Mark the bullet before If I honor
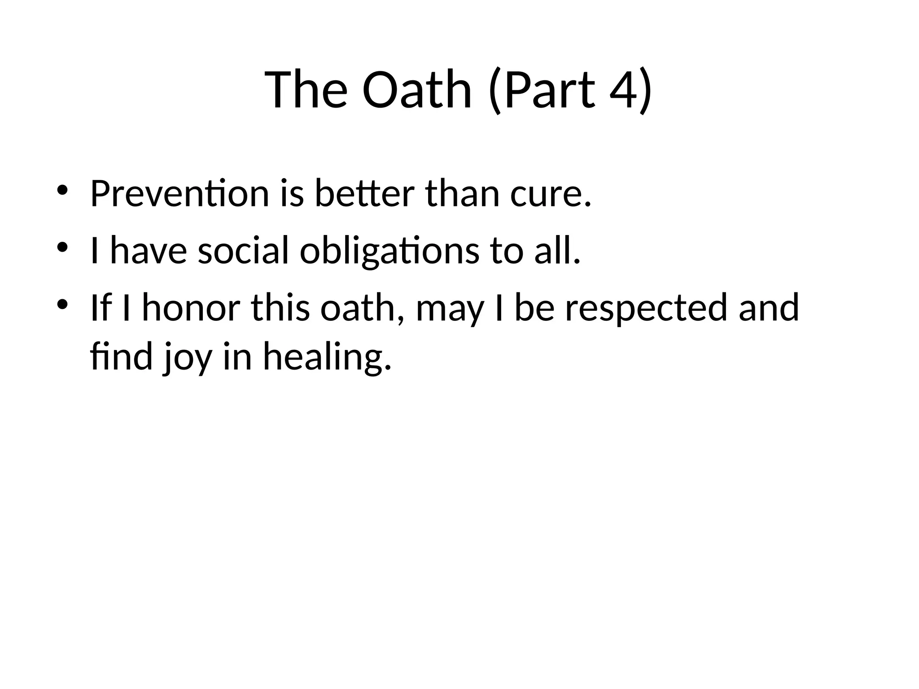coord(62,304)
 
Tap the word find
coord(122,357)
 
